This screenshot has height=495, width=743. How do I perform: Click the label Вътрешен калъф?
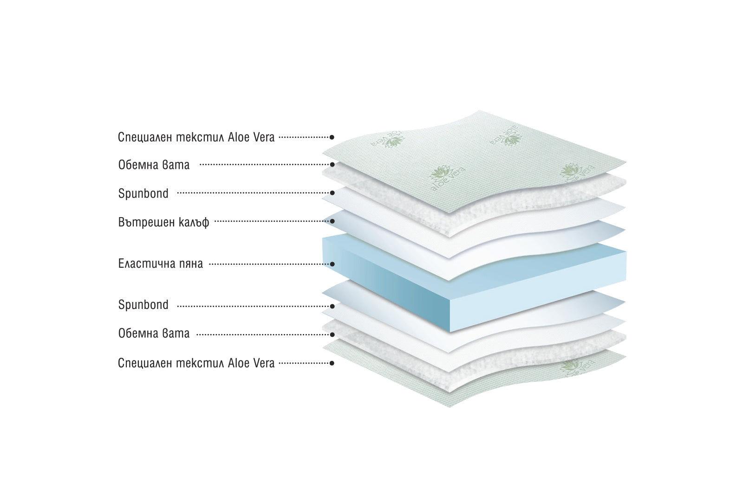163,222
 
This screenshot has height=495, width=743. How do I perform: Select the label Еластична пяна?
160,264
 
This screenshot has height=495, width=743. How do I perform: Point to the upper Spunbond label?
143,193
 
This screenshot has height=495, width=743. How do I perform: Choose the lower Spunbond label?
143,305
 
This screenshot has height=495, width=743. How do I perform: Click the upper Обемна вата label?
154,165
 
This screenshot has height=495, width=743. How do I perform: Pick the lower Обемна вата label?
154,334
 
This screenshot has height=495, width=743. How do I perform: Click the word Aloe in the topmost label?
238,137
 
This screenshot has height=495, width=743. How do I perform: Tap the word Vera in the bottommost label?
263,363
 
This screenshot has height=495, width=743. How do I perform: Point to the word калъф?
194,222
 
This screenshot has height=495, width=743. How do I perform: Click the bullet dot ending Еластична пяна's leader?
332,264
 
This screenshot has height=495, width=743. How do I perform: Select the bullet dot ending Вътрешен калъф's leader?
332,221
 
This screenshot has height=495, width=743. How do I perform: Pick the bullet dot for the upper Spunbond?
332,193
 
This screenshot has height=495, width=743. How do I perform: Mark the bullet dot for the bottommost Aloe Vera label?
332,363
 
